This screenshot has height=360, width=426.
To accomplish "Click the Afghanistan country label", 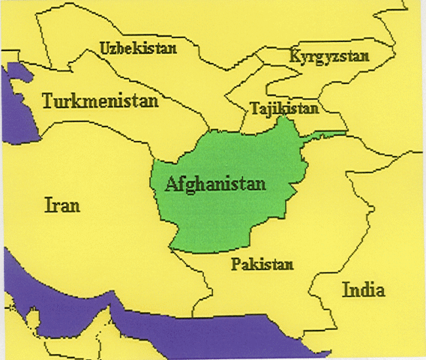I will (215, 183).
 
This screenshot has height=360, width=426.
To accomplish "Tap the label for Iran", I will (62, 204).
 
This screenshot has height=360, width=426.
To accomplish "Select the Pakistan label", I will (262, 264).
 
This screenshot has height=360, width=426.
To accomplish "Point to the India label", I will (363, 290).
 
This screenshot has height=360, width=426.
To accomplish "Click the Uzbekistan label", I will (138, 49).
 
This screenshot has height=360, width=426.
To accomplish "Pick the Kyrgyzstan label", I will (323, 57).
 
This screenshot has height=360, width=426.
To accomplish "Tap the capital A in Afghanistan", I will (170, 182).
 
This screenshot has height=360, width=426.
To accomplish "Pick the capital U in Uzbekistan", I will (104, 49).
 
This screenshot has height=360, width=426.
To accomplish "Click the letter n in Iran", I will (76, 205).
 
